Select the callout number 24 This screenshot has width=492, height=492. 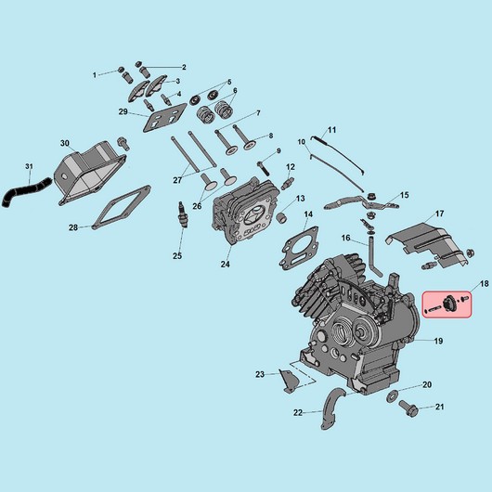[225, 265]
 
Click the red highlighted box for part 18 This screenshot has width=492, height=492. [447, 304]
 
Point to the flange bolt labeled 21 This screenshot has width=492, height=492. [408, 408]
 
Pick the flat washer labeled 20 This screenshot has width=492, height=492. [392, 396]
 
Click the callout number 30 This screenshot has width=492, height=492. [65, 143]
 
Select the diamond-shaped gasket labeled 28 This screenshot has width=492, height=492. [122, 207]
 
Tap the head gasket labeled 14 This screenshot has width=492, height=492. [299, 248]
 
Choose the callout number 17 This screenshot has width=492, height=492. [440, 214]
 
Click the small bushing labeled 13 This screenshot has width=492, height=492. [281, 217]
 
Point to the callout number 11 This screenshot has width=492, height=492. [331, 130]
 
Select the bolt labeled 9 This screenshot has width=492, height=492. [262, 168]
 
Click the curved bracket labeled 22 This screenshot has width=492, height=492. [332, 408]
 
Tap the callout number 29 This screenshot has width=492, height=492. [123, 111]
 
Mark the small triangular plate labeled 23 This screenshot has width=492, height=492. [288, 381]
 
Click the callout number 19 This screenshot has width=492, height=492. [438, 341]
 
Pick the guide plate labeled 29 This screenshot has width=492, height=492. [164, 117]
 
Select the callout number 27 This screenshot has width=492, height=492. [177, 180]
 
